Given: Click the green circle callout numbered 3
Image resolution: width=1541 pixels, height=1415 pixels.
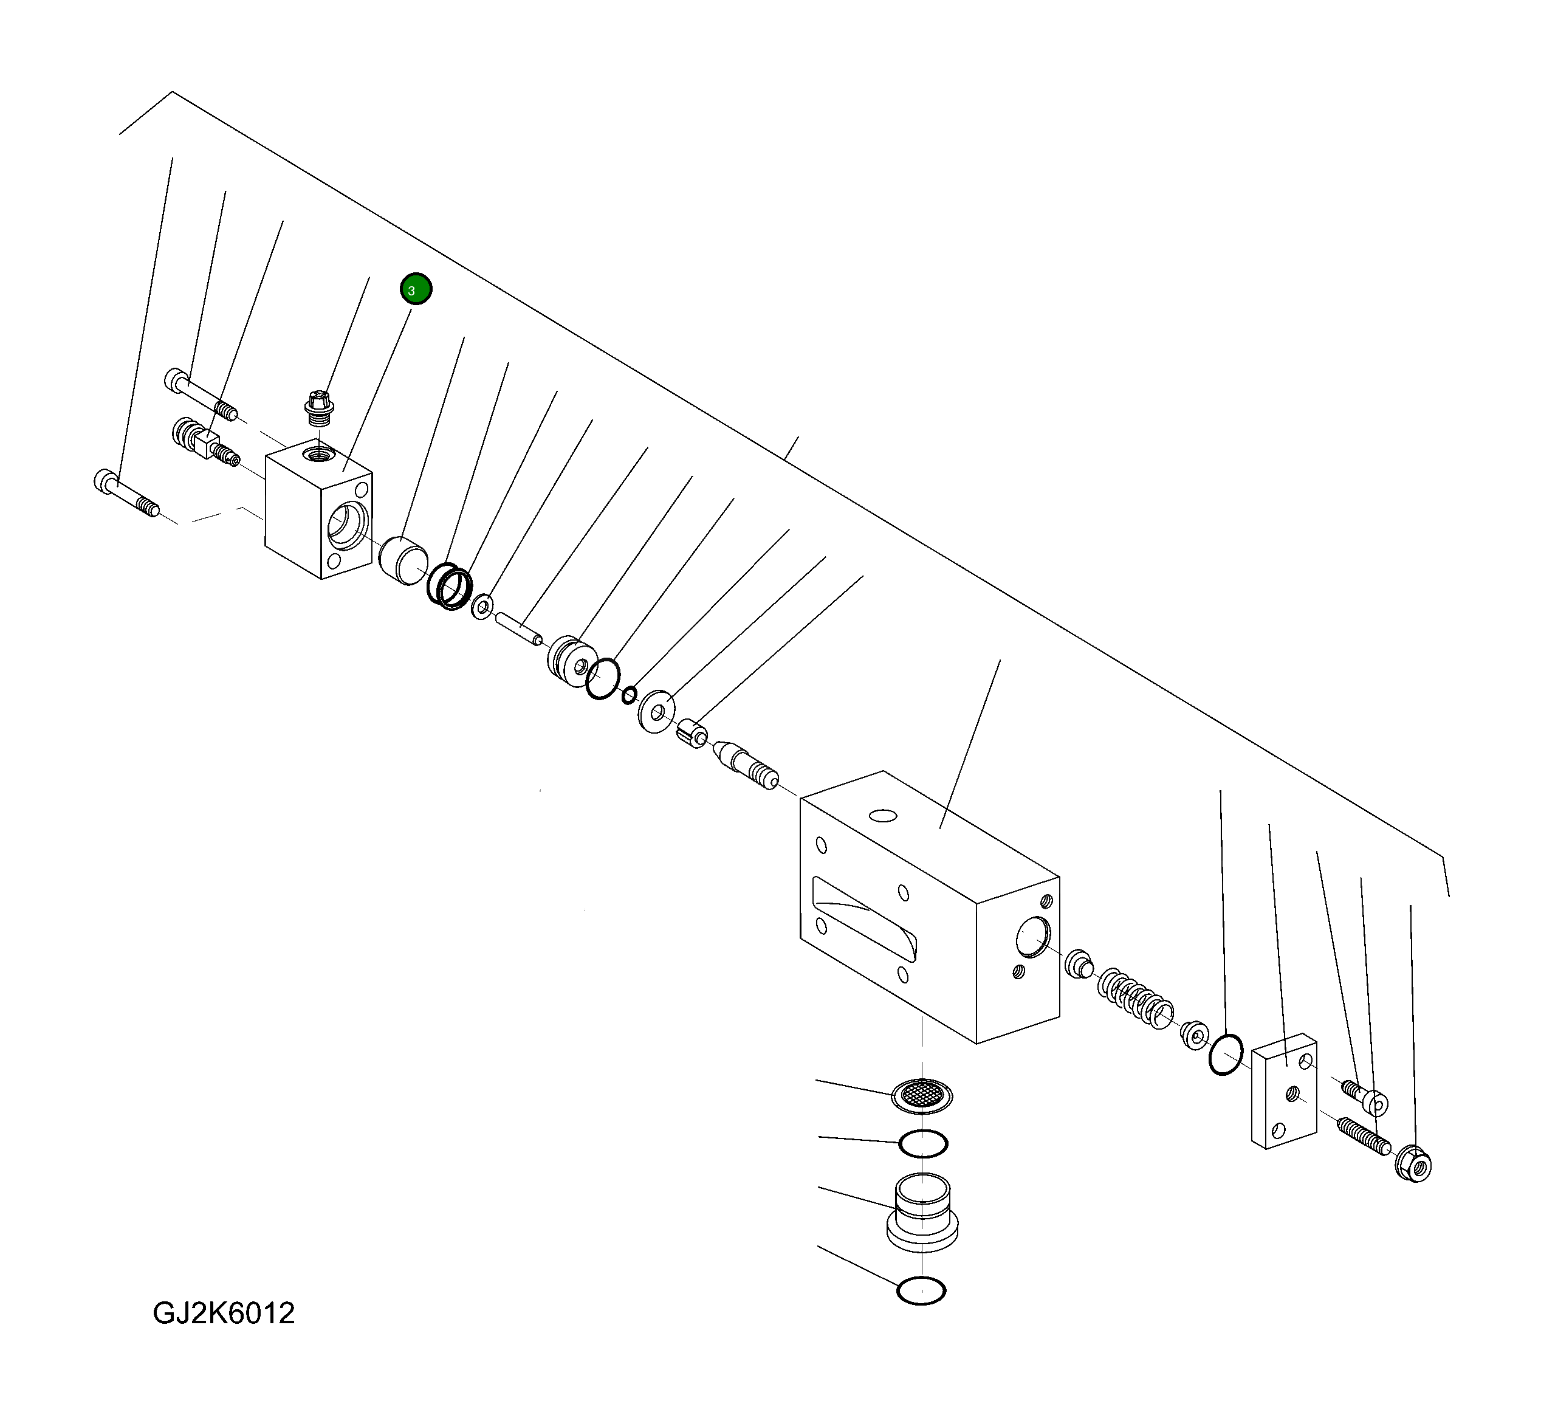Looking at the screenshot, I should tap(416, 289).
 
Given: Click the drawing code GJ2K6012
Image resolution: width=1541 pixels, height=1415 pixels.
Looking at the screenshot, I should tap(224, 1312).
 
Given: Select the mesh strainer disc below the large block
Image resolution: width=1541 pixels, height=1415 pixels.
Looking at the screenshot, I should tap(922, 1096).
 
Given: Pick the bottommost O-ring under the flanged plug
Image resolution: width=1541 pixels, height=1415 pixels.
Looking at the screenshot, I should tap(921, 1291).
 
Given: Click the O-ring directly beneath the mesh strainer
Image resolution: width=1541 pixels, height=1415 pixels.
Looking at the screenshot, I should tap(923, 1144).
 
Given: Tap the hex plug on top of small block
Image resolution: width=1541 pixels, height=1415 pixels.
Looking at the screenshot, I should tap(318, 407).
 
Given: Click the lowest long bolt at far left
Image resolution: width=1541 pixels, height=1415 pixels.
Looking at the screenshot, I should tap(127, 494).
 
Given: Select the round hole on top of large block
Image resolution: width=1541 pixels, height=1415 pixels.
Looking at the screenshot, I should tap(883, 816).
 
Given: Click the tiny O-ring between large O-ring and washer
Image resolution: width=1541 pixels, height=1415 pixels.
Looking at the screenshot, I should tap(628, 695).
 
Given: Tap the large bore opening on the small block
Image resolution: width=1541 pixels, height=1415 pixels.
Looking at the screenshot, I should tap(347, 526).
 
